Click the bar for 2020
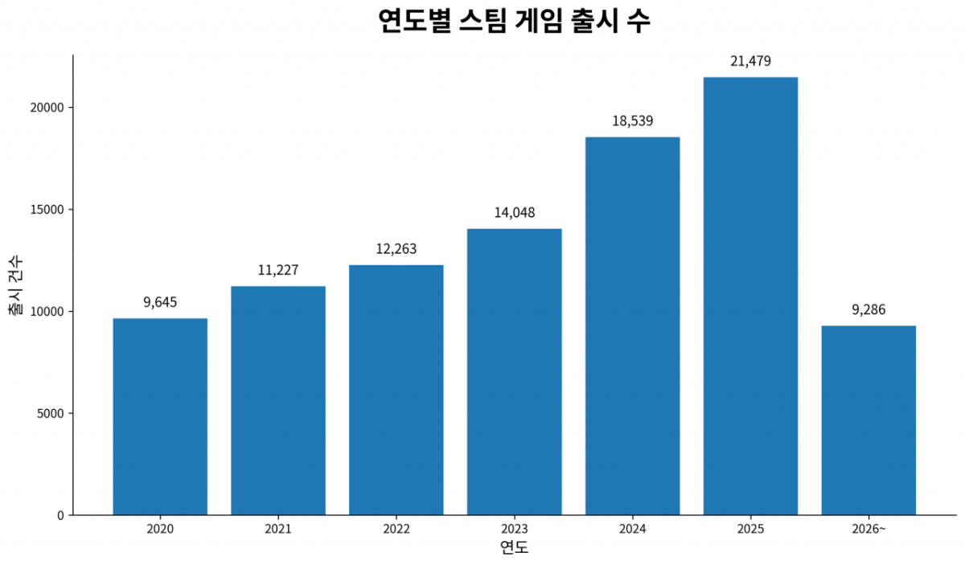click(x=160, y=416)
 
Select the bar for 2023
click(x=515, y=371)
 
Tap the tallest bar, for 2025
click(x=750, y=296)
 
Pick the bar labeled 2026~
click(x=868, y=420)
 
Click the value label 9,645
click(x=160, y=302)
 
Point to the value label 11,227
click(x=278, y=270)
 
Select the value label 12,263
click(x=396, y=249)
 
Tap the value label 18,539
click(x=632, y=121)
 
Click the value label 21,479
click(x=750, y=61)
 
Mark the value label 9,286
click(x=868, y=309)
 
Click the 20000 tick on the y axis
click(x=47, y=108)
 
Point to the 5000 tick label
click(x=51, y=413)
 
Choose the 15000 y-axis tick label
click(x=47, y=210)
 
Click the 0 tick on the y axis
click(x=60, y=515)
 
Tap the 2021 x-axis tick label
click(x=278, y=529)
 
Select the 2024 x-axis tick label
click(x=632, y=529)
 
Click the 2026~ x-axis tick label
click(x=868, y=529)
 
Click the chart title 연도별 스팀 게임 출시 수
click(x=515, y=21)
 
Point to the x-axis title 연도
click(x=515, y=547)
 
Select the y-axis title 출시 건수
click(x=16, y=285)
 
